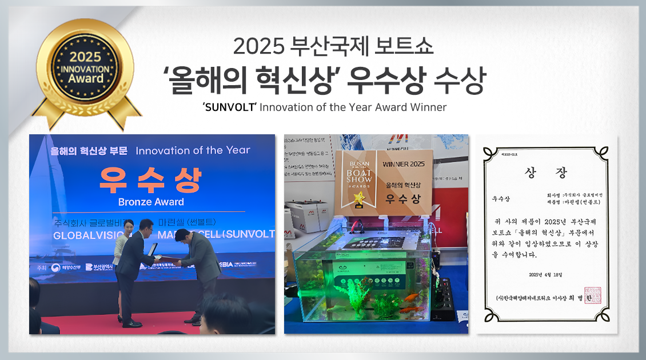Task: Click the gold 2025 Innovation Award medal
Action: coord(86,69)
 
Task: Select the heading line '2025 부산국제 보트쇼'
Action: coord(333,46)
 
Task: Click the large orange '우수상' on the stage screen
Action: coord(151,180)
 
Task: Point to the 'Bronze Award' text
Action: coord(151,202)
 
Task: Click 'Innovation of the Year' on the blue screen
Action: coord(193,150)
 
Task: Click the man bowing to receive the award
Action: coord(197,269)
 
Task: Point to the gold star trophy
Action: coord(360,201)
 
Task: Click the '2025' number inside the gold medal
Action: coord(85,57)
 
